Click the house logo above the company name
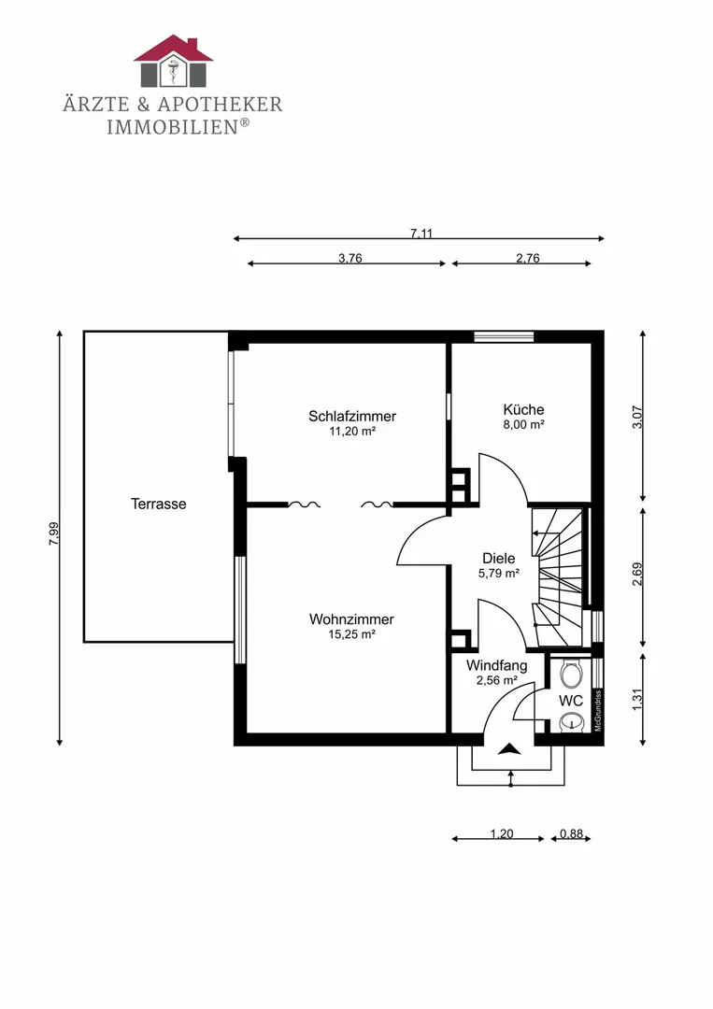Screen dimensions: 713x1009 tap(173, 61)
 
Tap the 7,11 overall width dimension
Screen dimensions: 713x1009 tap(421, 233)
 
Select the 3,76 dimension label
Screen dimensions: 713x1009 tap(350, 258)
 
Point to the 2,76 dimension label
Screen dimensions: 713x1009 tap(528, 258)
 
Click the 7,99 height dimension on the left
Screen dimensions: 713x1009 tap(54, 533)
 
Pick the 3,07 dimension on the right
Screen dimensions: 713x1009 tap(637, 417)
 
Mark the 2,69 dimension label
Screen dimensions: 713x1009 tap(637, 574)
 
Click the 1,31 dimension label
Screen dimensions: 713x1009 tap(637, 700)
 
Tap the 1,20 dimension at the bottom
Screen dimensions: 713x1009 tap(502, 834)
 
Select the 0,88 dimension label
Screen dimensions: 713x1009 tap(572, 834)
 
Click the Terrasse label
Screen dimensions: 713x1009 tap(159, 504)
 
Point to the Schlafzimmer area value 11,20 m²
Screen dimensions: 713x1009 tap(352, 431)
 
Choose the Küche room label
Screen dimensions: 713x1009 tap(524, 409)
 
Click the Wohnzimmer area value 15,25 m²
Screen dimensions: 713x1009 tap(351, 634)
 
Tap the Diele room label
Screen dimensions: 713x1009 tap(499, 559)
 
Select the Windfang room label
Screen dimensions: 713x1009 tap(497, 666)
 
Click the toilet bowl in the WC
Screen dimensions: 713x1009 tap(571, 675)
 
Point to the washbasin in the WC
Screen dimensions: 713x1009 tap(570, 722)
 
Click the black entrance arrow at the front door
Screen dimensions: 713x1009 tap(509, 748)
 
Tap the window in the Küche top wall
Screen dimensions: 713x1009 tap(504, 336)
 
